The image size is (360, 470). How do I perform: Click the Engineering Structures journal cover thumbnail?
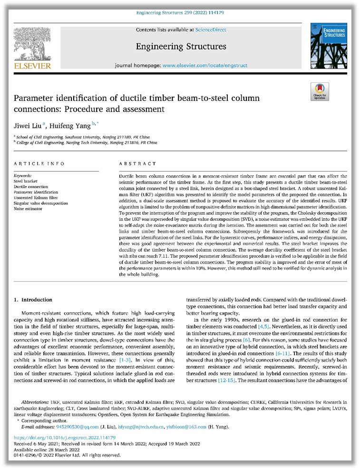pos(327,46)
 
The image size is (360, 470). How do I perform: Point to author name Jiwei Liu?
pos(28,126)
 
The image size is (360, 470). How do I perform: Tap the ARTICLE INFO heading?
pos(39,164)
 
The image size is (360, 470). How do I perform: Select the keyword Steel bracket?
pos(28,181)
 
